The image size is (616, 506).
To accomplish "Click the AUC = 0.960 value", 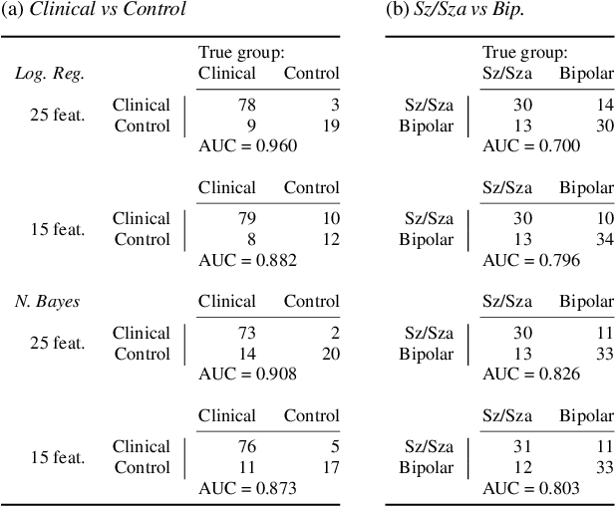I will click(x=248, y=145).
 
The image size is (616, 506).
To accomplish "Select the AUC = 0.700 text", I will click(x=531, y=145).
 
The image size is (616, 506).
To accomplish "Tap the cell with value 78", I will click(x=246, y=105).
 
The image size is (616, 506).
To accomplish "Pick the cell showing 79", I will click(x=246, y=219).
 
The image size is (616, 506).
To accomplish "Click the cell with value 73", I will click(x=246, y=333).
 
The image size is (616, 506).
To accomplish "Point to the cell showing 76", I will click(x=246, y=447).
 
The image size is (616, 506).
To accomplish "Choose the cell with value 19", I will click(x=330, y=126).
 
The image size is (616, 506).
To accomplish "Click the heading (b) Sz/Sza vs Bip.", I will click(x=456, y=10).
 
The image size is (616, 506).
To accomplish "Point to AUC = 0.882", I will click(x=248, y=260).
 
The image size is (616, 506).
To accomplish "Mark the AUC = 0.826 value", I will click(x=531, y=374).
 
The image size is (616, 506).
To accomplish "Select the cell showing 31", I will click(x=522, y=447).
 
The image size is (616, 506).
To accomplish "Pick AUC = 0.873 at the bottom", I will click(x=248, y=488).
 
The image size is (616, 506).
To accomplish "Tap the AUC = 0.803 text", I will click(x=531, y=488).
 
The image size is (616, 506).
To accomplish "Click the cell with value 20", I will click(x=330, y=354).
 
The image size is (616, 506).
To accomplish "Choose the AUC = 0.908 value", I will click(x=248, y=374).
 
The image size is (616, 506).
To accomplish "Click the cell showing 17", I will click(x=330, y=467).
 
